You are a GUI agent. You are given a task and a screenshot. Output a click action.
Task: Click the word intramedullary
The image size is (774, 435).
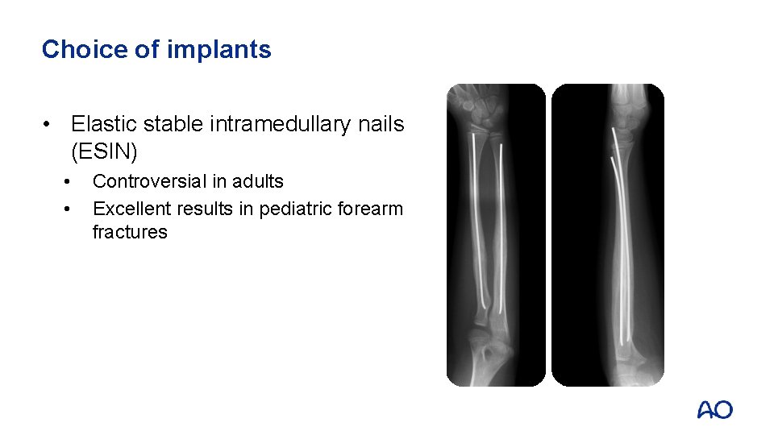pos(290,124)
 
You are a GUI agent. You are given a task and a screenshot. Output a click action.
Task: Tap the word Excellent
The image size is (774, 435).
pos(131,209)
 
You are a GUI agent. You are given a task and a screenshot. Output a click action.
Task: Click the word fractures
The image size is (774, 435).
pos(130,233)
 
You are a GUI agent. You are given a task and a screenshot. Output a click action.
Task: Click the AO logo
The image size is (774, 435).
pos(714,410)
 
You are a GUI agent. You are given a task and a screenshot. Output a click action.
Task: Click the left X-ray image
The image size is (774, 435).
pos(496,235)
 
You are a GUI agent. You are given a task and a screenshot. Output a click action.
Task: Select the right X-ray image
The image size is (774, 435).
pos(607,235)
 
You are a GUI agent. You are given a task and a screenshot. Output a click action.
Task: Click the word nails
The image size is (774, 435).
pos(384,124)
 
